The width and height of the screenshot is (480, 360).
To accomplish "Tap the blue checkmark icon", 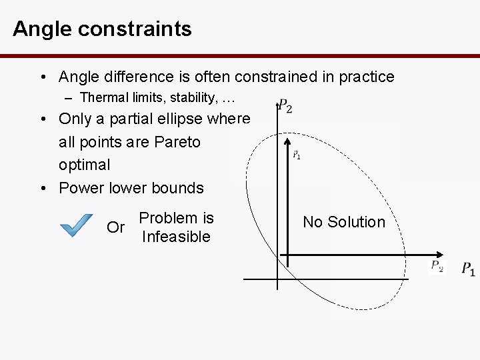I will pyautogui.click(x=76, y=225).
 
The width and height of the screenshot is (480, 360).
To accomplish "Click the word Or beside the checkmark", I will pyautogui.click(x=116, y=227).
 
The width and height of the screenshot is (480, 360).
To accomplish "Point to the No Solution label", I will pyautogui.click(x=344, y=222).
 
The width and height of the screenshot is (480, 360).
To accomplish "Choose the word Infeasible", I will pyautogui.click(x=176, y=237).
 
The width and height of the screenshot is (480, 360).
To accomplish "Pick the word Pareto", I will pyautogui.click(x=177, y=142).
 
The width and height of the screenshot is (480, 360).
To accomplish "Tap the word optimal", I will pyautogui.click(x=85, y=165).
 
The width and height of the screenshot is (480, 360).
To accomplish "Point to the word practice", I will pyautogui.click(x=364, y=77).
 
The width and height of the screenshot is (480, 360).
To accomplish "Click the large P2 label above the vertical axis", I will pyautogui.click(x=285, y=106).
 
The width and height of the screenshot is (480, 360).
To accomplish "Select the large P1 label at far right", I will pyautogui.click(x=468, y=269).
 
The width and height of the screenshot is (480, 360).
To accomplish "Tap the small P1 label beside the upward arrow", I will pyautogui.click(x=297, y=155).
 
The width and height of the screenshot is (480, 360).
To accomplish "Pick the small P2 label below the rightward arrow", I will pyautogui.click(x=436, y=267).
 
